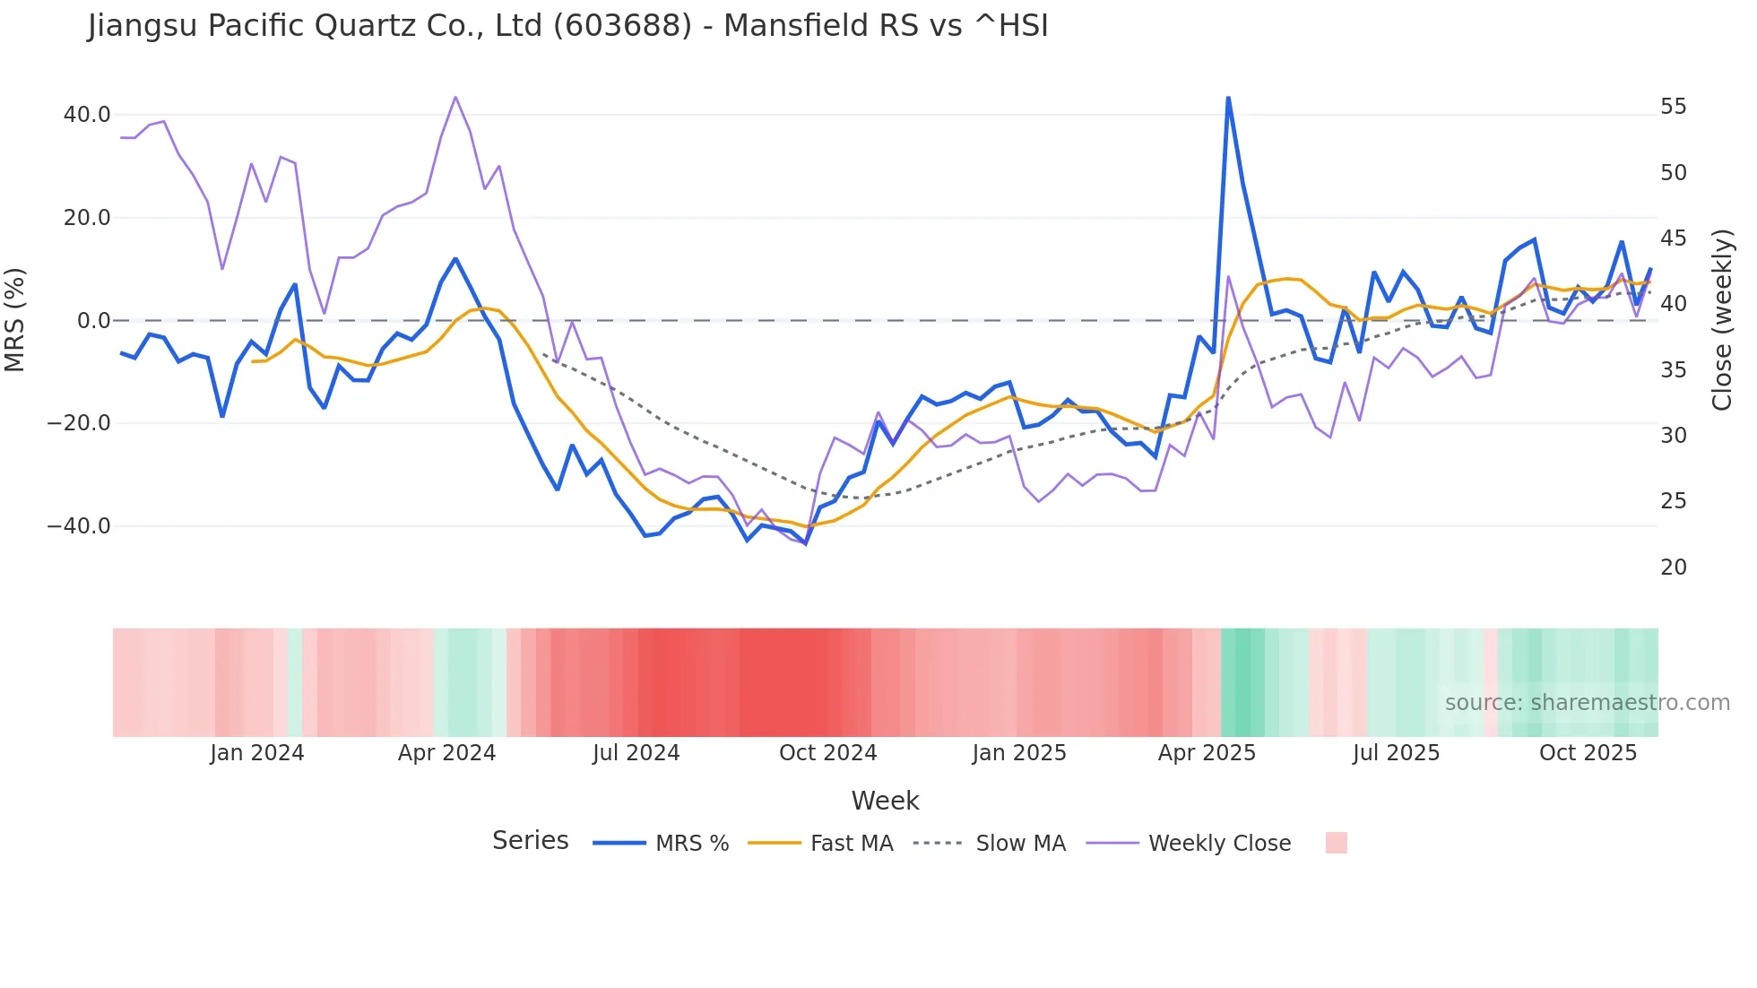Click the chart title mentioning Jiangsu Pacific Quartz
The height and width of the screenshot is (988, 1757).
(567, 26)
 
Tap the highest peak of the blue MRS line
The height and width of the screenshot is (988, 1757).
(1227, 98)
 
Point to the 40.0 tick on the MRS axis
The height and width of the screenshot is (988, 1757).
(87, 115)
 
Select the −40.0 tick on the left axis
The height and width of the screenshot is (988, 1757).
(79, 526)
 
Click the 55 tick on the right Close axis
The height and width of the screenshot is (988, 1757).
(1673, 107)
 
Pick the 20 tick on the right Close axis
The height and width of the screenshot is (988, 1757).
(1673, 568)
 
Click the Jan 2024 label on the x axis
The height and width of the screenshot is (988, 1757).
(257, 753)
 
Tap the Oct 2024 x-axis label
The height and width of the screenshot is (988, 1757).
(827, 753)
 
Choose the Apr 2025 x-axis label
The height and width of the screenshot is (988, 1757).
(1207, 753)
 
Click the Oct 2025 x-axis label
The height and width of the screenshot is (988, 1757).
(1588, 753)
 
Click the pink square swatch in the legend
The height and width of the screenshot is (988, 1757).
(1336, 843)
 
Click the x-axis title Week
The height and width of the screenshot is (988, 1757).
(885, 801)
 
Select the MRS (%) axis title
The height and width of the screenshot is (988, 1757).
(15, 320)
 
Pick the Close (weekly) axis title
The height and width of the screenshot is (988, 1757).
(1721, 320)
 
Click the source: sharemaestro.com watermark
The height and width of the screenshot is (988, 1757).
(1587, 703)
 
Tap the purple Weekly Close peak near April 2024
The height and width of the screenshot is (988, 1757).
(455, 97)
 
